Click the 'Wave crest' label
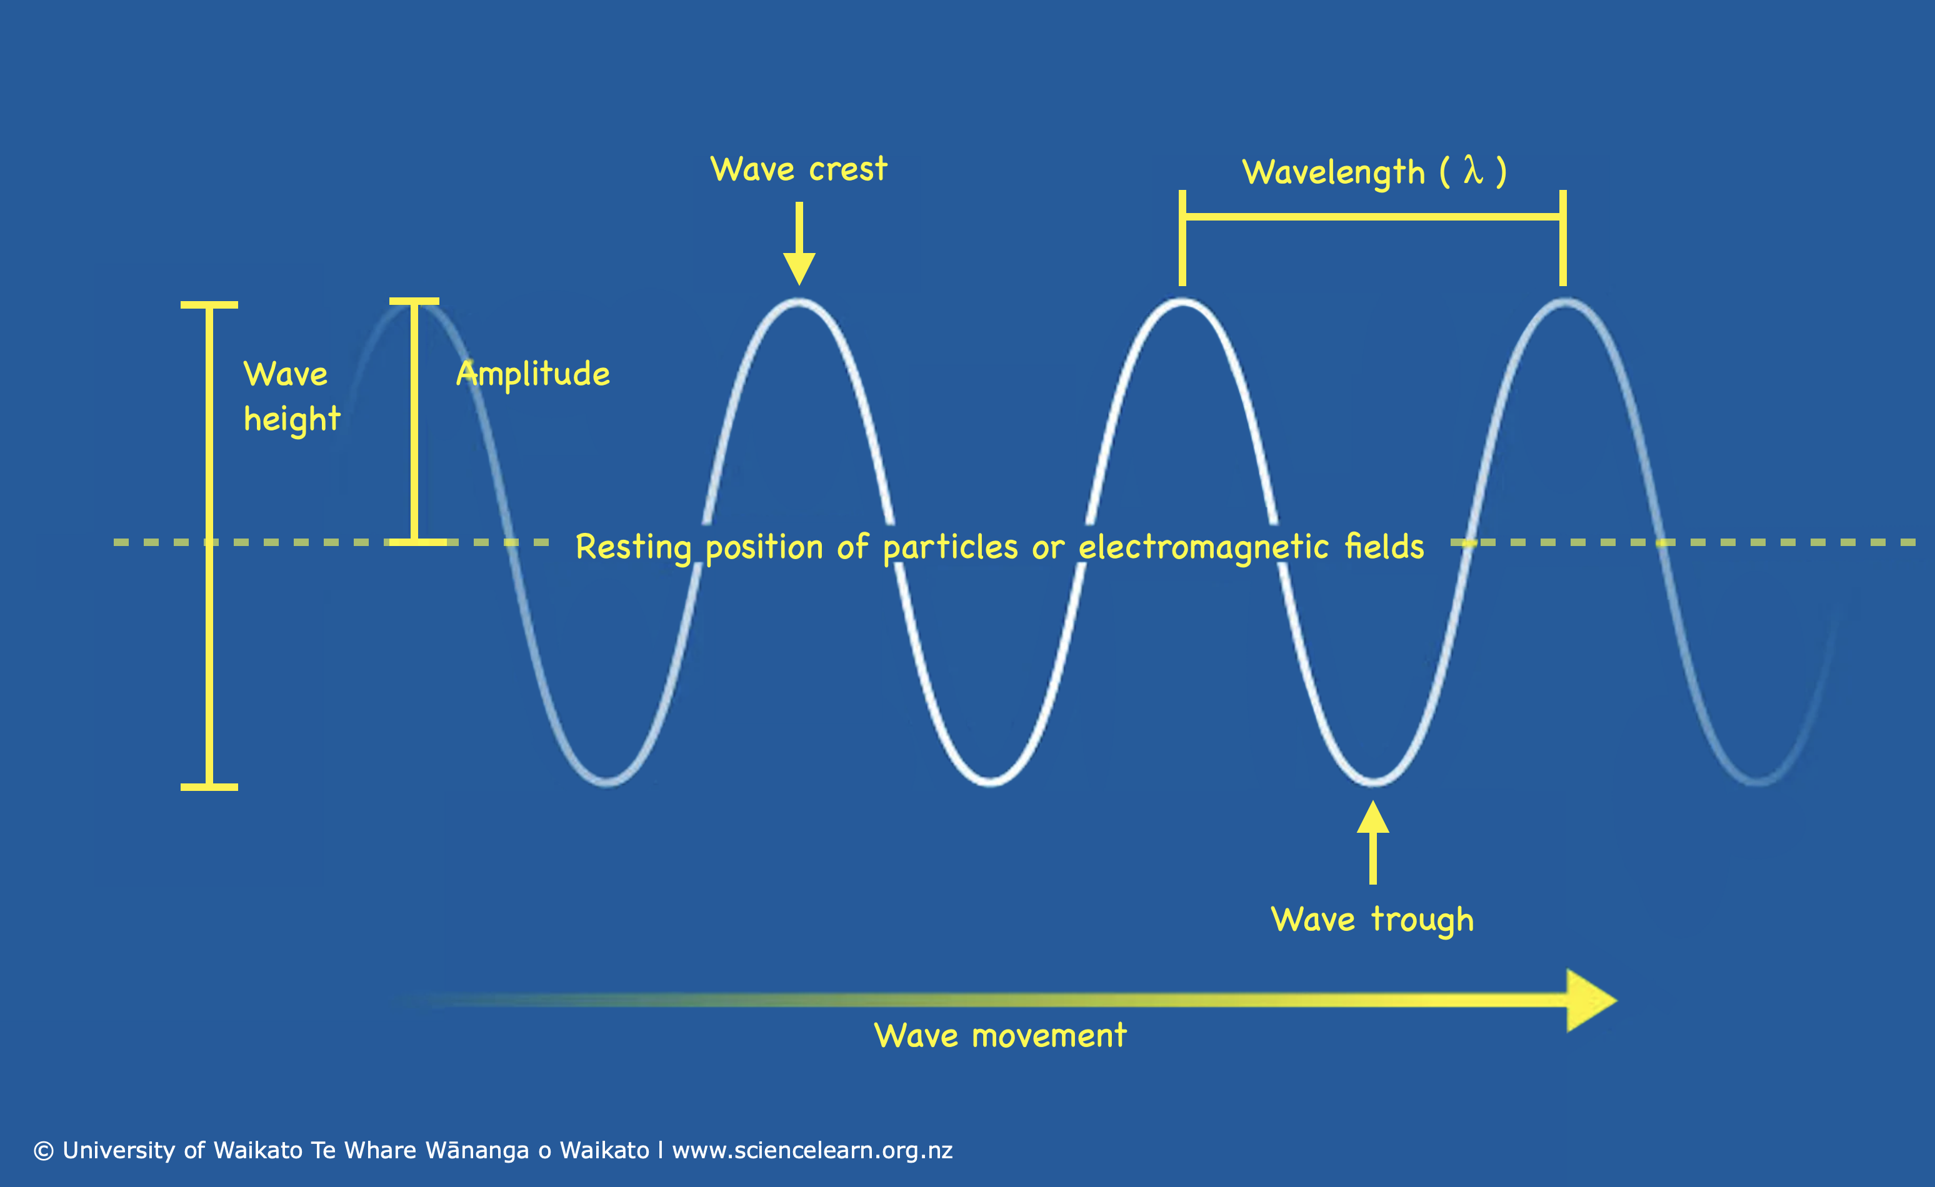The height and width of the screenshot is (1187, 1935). (799, 169)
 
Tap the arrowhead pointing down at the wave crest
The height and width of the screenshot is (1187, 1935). (799, 269)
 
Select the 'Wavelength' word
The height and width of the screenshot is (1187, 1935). (1334, 172)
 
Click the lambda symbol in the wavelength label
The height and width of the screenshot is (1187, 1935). (1473, 171)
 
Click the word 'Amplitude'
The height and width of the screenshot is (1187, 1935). (533, 374)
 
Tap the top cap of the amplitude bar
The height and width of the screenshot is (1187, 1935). (414, 300)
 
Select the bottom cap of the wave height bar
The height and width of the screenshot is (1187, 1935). (209, 787)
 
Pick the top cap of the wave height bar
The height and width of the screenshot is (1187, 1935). (209, 305)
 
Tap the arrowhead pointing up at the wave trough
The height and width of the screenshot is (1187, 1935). (1372, 817)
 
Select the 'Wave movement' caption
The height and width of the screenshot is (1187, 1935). (1001, 1035)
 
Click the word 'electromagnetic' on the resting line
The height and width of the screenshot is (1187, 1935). (1204, 547)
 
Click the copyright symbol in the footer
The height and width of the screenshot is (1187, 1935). (44, 1151)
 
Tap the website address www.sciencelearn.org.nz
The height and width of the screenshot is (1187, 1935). (812, 1151)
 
